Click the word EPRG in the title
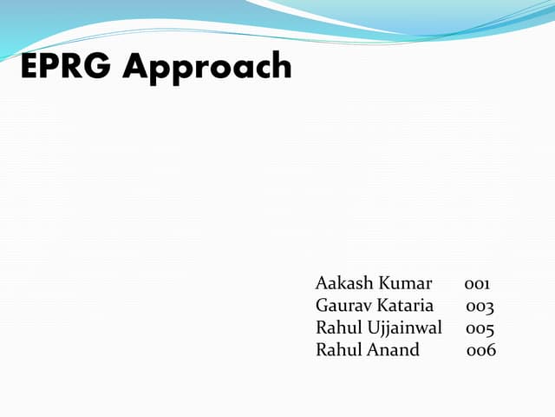pos(67,66)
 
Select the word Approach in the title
pos(206,68)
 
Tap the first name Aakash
pos(343,283)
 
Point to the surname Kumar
pos(403,283)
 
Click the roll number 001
pos(478,283)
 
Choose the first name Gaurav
pos(343,306)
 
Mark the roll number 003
pos(480,306)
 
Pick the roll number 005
pos(480,328)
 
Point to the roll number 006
pos(480,350)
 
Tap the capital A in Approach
pos(135,66)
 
